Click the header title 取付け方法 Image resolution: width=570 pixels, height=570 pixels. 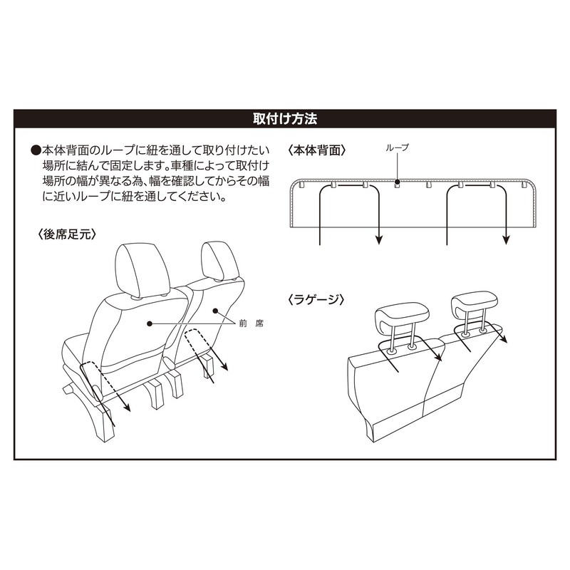point(284,118)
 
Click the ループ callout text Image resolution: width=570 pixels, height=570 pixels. point(397,147)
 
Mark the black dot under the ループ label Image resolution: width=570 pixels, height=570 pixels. point(397,183)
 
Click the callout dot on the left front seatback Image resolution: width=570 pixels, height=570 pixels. point(150,323)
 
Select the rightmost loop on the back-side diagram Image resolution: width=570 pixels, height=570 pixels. point(527,185)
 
